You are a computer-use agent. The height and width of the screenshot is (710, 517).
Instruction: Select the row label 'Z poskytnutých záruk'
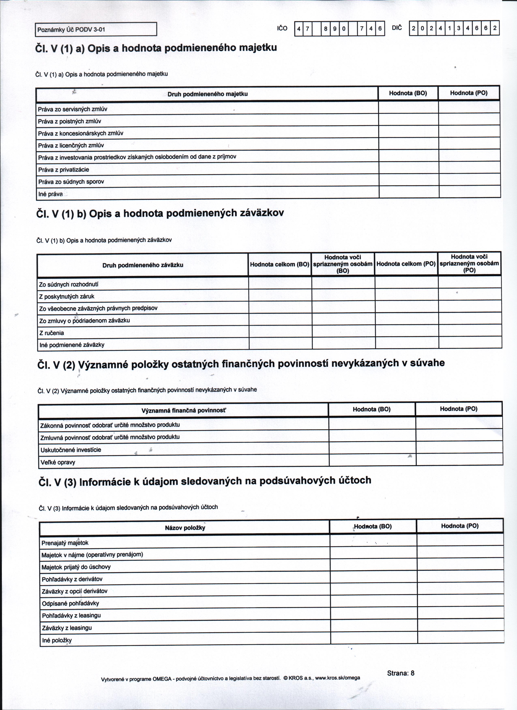click(x=67, y=296)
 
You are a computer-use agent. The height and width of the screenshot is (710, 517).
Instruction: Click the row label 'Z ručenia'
click(x=52, y=333)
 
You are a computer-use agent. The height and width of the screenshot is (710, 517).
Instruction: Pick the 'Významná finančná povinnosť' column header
click(x=183, y=410)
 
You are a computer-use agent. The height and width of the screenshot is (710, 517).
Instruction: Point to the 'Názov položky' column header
click(x=185, y=528)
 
